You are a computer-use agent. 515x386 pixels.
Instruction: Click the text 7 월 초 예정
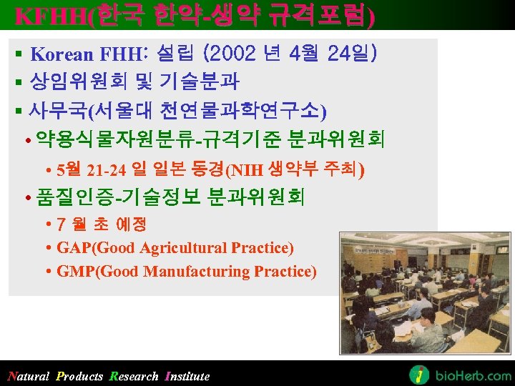click(101, 224)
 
